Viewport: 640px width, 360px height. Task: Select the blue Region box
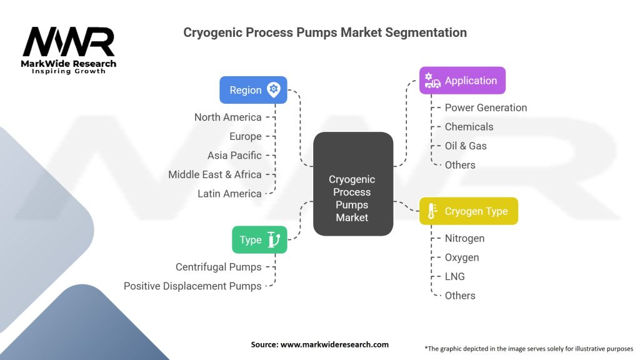253,90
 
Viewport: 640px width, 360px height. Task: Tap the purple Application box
462,81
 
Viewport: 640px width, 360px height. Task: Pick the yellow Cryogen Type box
468,211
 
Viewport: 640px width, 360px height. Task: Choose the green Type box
259,239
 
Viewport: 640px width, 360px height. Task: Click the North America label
227,117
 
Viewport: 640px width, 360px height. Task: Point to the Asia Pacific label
234,155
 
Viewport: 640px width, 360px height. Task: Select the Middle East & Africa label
214,174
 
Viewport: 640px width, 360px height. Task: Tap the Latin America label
229,194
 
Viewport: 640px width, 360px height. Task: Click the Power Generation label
486,107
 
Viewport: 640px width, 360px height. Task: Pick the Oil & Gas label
466,146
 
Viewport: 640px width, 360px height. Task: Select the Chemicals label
469,127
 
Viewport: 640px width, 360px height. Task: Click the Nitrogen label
464,238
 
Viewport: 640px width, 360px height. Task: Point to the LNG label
455,276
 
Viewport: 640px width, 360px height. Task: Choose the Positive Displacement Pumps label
192,286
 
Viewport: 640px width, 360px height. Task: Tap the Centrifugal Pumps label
218,267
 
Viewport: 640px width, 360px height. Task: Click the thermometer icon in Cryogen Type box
432,211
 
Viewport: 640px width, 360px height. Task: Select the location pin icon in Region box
273,89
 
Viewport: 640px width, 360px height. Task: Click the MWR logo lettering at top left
69,42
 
